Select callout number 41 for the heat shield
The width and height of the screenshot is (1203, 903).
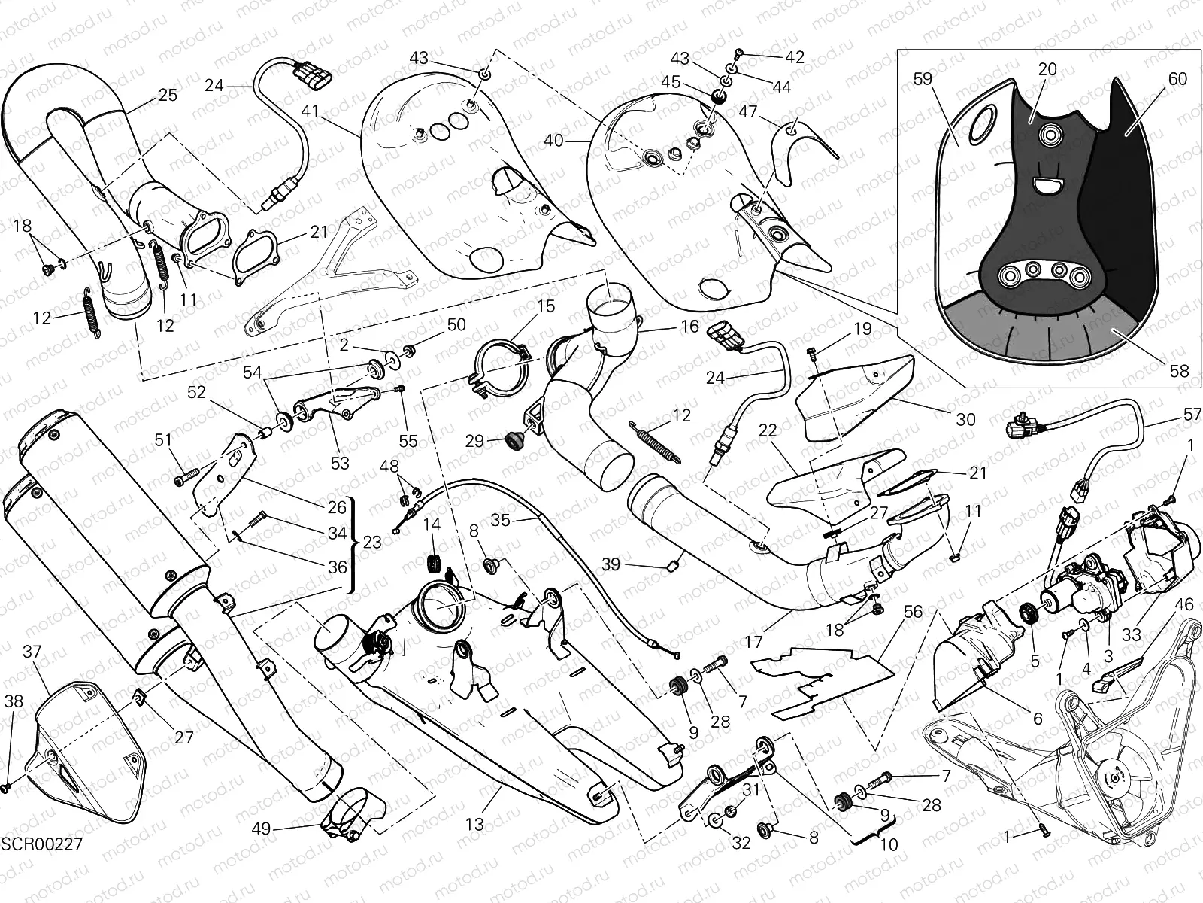[311, 111]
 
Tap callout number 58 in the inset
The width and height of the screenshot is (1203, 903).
[1179, 370]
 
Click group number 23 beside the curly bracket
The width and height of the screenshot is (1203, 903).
[371, 542]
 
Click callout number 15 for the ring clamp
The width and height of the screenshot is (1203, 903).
[546, 306]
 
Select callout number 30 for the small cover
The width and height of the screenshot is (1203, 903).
[965, 419]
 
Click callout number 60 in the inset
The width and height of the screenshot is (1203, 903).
[1177, 78]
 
